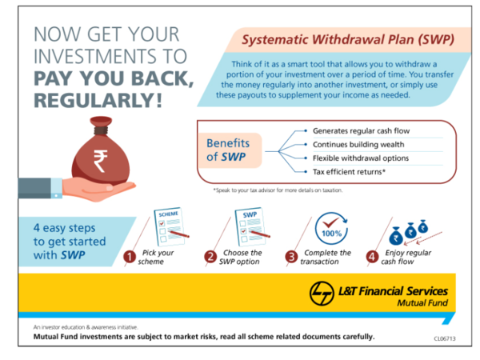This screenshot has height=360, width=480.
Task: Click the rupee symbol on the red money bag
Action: (101, 161)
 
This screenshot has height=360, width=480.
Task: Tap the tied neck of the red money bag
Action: (101, 130)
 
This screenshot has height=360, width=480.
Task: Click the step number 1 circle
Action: (130, 257)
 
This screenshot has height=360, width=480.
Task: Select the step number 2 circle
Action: (210, 257)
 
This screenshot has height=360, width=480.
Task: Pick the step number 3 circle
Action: (291, 257)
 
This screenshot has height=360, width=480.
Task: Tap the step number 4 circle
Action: (372, 257)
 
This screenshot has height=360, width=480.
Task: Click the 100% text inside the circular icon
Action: (331, 234)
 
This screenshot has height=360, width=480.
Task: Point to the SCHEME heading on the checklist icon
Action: (168, 214)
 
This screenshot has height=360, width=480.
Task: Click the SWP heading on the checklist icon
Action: (250, 214)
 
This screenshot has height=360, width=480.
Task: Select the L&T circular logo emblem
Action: (322, 293)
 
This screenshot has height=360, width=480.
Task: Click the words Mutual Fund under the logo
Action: (422, 303)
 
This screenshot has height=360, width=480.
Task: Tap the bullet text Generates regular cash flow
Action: (362, 131)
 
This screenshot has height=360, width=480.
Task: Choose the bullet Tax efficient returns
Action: (349, 172)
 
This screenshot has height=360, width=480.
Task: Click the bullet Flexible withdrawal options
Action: (361, 158)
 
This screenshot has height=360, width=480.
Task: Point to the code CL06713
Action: (445, 338)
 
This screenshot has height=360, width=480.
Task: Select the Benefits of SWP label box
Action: (230, 150)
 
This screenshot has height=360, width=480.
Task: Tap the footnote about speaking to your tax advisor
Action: (278, 190)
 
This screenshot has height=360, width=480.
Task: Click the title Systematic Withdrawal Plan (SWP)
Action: (348, 40)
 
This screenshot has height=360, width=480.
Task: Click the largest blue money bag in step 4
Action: (396, 236)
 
